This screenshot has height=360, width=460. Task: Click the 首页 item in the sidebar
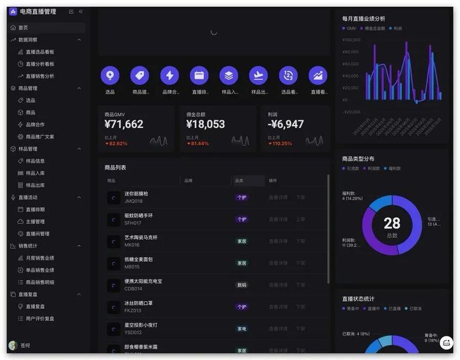[23, 28]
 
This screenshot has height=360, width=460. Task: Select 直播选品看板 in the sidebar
[40, 52]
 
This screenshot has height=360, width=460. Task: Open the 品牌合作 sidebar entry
[35, 125]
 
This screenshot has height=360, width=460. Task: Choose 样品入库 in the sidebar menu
[35, 173]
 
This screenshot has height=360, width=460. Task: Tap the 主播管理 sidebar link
[35, 222]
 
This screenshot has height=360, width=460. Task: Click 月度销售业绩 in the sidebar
[40, 258]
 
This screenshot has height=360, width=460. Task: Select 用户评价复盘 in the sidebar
[40, 318]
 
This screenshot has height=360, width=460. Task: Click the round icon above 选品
[110, 75]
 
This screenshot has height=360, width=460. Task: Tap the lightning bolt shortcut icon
[169, 75]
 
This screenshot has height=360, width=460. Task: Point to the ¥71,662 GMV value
[124, 125]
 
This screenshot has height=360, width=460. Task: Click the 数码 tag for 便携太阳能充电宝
[241, 285]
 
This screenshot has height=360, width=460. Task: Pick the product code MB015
[132, 267]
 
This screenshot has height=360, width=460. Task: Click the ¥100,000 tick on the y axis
[351, 40]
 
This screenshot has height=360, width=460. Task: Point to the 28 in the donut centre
[392, 223]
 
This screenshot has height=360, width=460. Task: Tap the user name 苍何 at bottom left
[26, 345]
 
